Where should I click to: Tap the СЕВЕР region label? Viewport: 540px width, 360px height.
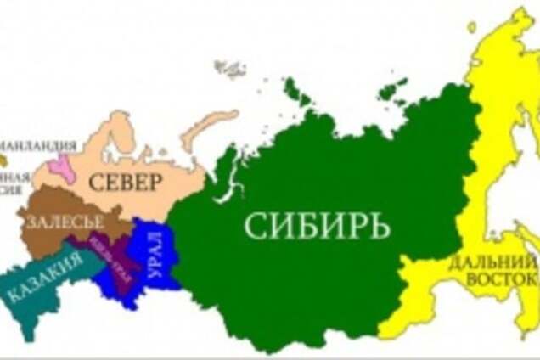pyautogui.click(x=125, y=182)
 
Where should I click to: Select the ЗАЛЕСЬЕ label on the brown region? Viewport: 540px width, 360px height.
pyautogui.click(x=66, y=222)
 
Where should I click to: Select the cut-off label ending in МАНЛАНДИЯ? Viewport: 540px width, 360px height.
pyautogui.click(x=34, y=145)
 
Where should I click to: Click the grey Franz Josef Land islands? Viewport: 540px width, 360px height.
pyautogui.click(x=229, y=68)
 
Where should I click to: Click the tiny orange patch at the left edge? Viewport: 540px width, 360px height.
pyautogui.click(x=3, y=160)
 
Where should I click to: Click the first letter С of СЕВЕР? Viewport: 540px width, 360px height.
pyautogui.click(x=97, y=182)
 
